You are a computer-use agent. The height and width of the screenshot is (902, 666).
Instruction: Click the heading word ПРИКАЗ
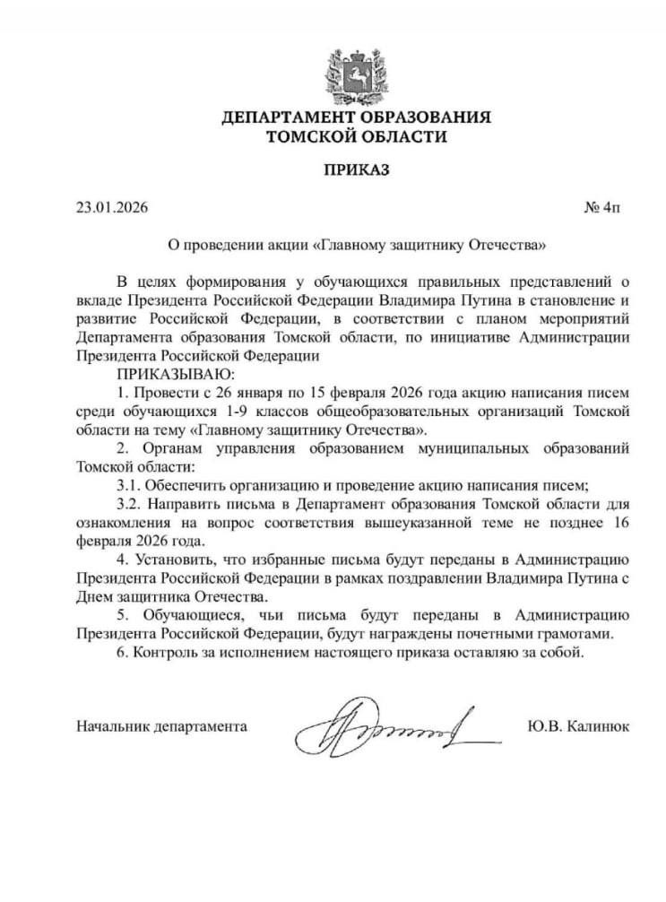(356, 169)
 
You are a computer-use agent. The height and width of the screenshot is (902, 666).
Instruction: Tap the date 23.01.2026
(113, 208)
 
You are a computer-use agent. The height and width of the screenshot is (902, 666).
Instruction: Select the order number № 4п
(601, 208)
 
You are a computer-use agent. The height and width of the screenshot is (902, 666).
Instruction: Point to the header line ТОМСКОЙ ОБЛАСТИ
(356, 136)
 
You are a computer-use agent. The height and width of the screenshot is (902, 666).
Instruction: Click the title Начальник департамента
(162, 724)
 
